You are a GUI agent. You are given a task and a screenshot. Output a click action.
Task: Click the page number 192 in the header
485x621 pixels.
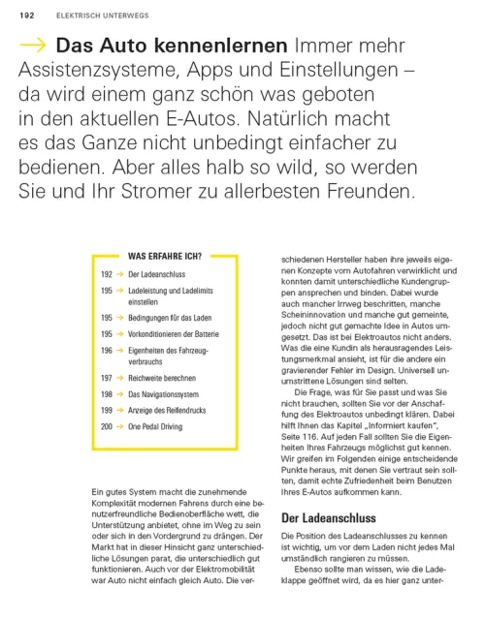(26, 16)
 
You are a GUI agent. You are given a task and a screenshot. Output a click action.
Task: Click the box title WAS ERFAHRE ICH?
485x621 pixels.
(165, 257)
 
